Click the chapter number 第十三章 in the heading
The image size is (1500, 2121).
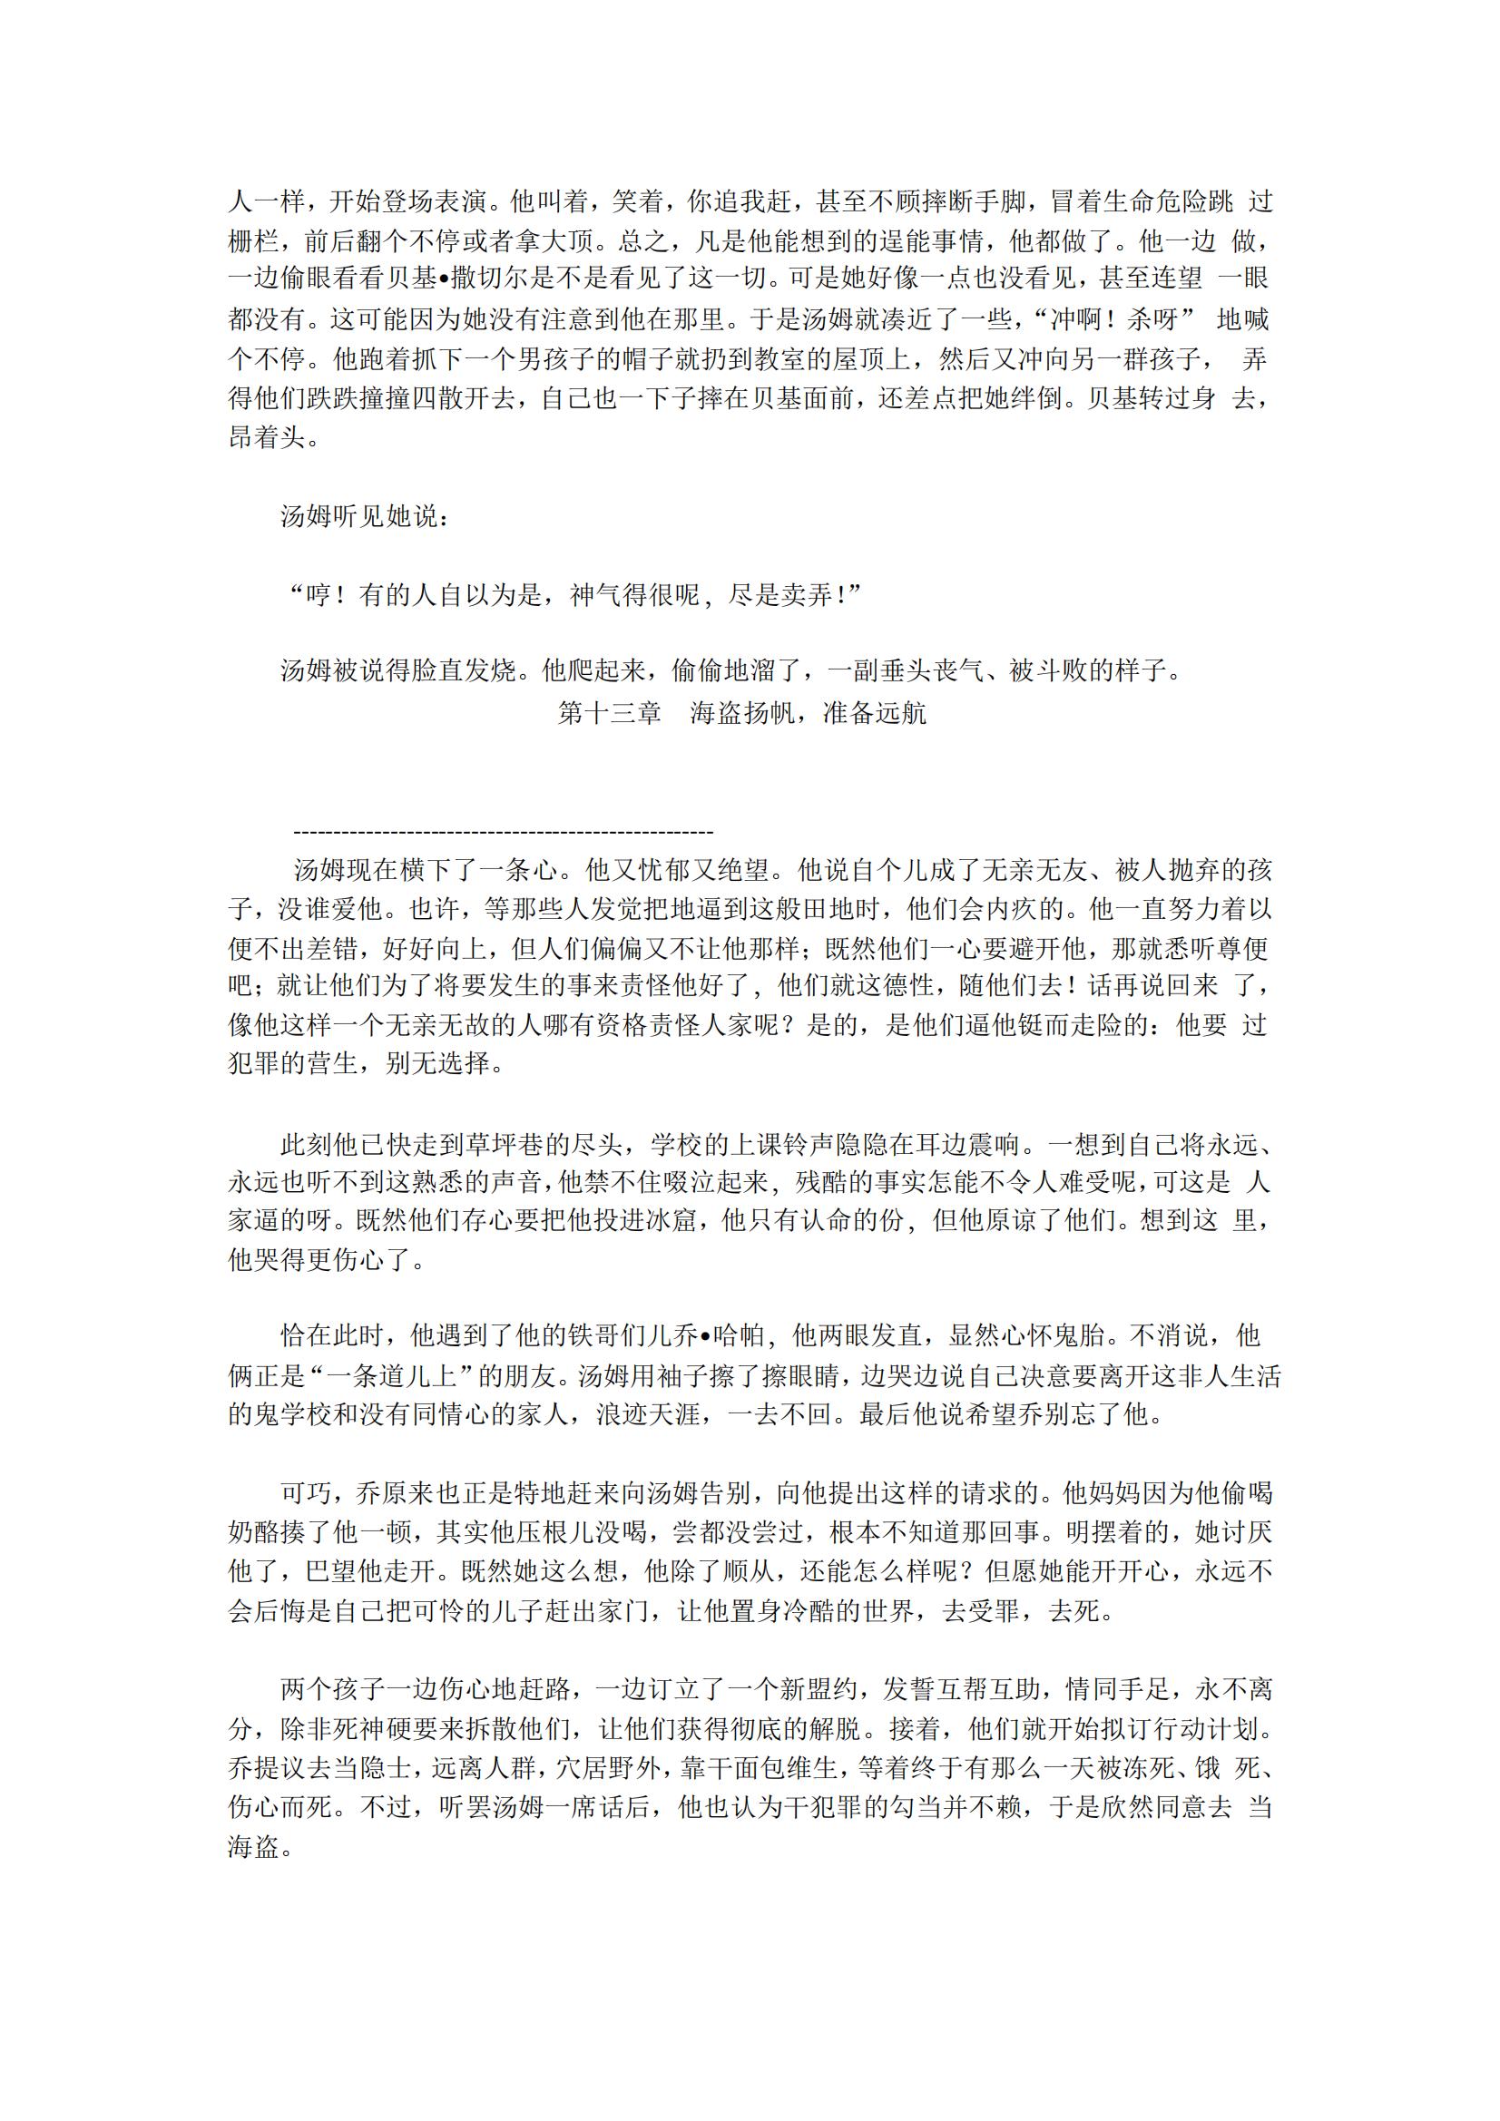tap(609, 713)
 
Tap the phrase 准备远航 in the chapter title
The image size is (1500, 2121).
tap(873, 713)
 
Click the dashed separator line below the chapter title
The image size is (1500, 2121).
tap(503, 832)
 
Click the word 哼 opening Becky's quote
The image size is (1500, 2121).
tap(319, 595)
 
